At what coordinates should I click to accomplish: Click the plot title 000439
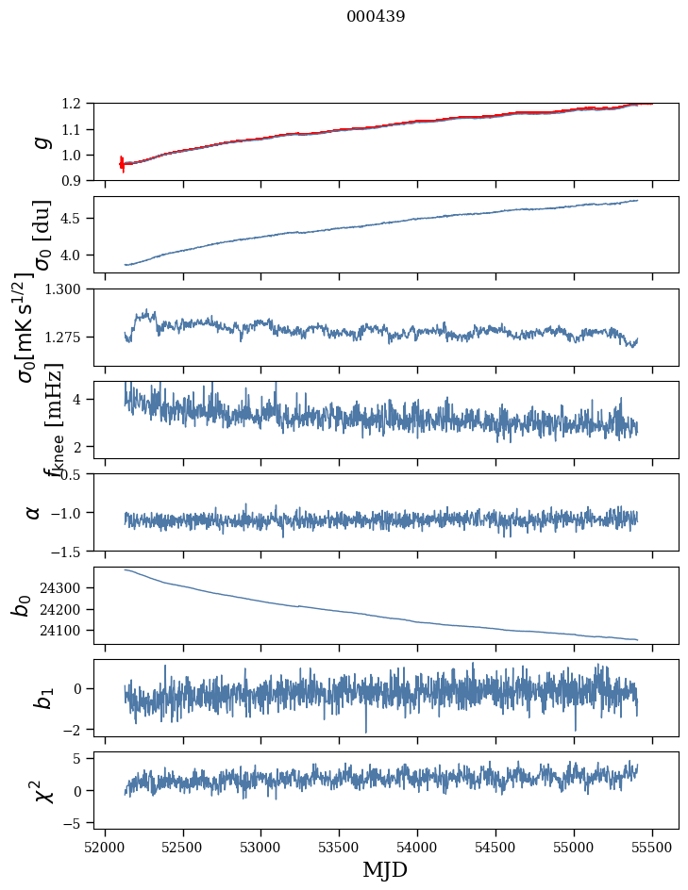[376, 17]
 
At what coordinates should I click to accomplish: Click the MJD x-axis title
[384, 869]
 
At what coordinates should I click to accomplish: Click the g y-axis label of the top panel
[40, 141]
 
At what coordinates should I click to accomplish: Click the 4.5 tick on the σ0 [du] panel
[76, 219]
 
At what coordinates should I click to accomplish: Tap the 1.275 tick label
[68, 337]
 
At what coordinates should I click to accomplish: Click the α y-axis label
[34, 512]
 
